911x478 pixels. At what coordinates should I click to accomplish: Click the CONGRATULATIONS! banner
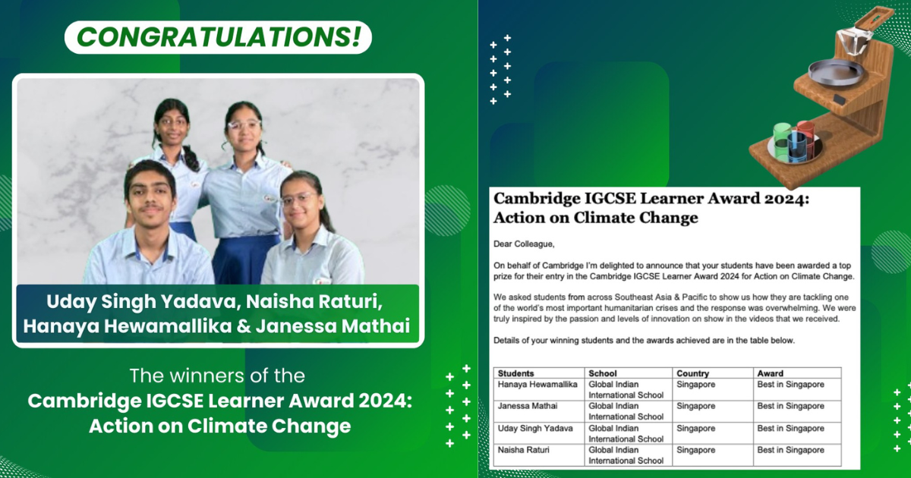tap(218, 36)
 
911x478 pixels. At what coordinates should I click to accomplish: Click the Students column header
tap(516, 373)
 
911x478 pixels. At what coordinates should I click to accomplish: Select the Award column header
tap(771, 373)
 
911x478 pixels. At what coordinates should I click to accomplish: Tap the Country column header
tap(692, 373)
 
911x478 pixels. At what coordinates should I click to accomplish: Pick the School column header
tap(603, 373)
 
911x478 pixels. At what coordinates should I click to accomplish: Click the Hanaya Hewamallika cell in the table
tap(537, 385)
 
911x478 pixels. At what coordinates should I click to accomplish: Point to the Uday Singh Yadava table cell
tap(535, 429)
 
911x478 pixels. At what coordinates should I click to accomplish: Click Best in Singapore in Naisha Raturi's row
tap(790, 450)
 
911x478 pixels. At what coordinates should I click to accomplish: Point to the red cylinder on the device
tap(805, 131)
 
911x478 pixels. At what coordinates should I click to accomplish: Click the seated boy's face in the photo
tap(150, 193)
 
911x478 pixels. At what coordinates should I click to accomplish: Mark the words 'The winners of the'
tap(218, 376)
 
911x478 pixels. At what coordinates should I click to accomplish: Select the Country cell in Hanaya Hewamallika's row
tap(695, 385)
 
